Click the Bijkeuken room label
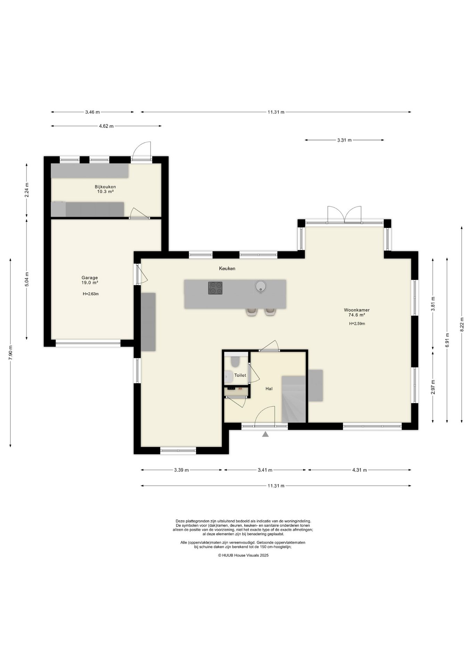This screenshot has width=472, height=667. pyautogui.click(x=105, y=187)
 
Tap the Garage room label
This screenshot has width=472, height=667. pyautogui.click(x=90, y=278)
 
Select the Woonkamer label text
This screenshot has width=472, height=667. pyautogui.click(x=357, y=310)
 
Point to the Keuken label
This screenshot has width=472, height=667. pyautogui.click(x=227, y=268)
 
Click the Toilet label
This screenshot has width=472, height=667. pyautogui.click(x=240, y=375)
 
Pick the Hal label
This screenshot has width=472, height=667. pyautogui.click(x=269, y=389)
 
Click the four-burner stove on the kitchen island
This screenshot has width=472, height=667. pyautogui.click(x=215, y=288)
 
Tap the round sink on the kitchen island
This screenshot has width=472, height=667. pyautogui.click(x=260, y=287)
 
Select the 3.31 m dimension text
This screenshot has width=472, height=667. pyautogui.click(x=344, y=140)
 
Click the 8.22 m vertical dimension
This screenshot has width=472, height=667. pyautogui.click(x=462, y=324)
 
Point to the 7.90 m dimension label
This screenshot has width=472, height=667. pyautogui.click(x=11, y=353)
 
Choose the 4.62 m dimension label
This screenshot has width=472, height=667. pyautogui.click(x=106, y=126)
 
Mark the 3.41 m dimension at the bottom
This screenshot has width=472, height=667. pyautogui.click(x=265, y=470)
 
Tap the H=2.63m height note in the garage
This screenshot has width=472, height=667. pyautogui.click(x=91, y=294)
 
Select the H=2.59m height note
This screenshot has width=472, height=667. pyautogui.click(x=357, y=323)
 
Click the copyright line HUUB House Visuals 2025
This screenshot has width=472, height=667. pyautogui.click(x=243, y=555)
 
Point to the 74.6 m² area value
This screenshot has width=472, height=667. pyautogui.click(x=357, y=315)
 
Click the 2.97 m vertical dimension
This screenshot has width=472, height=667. pyautogui.click(x=433, y=387)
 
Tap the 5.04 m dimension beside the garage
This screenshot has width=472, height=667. pyautogui.click(x=27, y=279)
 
